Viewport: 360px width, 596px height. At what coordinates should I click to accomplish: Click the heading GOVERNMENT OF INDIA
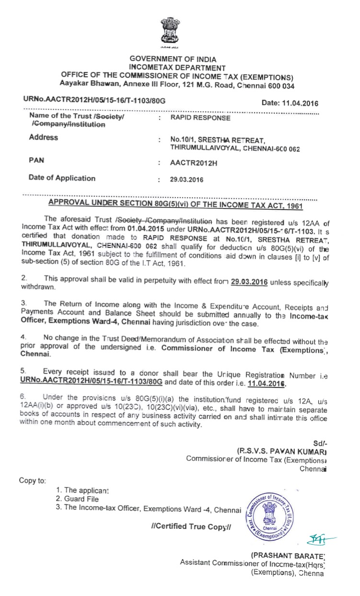[x=176, y=59]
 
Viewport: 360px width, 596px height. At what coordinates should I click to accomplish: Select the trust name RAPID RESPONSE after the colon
[x=200, y=117]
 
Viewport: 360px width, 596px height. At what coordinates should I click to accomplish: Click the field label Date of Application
[x=62, y=178]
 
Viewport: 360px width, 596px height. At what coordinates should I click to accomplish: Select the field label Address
[x=43, y=138]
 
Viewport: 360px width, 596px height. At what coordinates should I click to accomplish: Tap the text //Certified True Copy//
[x=191, y=526]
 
